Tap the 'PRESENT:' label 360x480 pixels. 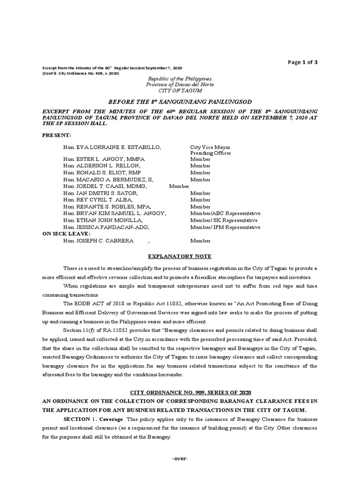pos(57,135)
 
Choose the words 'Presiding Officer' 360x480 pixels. pos(210,153)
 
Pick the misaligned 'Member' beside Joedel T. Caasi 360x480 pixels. pos(179,187)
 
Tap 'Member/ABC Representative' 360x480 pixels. pos(225,213)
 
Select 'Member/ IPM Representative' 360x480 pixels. pos(225,227)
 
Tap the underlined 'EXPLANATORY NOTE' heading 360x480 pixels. pos(180,256)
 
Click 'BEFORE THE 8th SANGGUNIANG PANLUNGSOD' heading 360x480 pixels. pos(180,101)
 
